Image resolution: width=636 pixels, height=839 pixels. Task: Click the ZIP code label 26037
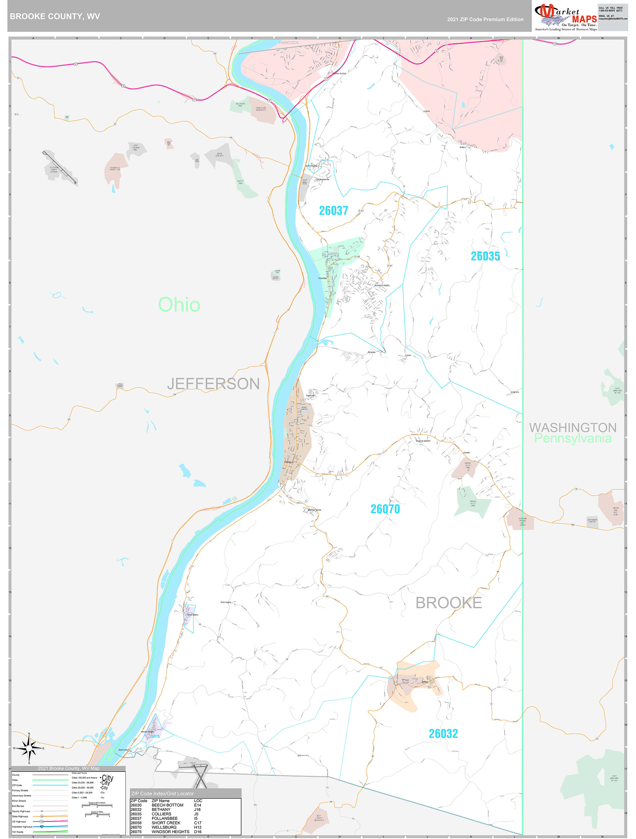coord(333,210)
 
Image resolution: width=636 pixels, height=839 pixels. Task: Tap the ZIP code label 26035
coord(485,257)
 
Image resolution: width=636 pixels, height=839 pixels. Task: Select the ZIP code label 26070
coord(385,509)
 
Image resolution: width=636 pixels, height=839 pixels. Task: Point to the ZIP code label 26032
coord(443,733)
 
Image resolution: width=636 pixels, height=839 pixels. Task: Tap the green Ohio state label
coord(179,305)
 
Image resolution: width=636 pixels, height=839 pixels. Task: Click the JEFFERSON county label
coord(213,384)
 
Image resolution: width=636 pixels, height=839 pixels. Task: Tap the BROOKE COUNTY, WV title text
coord(55,16)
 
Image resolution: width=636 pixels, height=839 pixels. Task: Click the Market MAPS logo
coord(565,17)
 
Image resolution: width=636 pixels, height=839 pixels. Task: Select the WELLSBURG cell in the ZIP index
coord(164,827)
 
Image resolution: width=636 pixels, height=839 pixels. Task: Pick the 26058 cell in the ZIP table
coord(136,823)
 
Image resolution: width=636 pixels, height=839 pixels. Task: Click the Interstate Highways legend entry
coord(22,826)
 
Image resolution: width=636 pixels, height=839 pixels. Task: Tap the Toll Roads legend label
coord(17,832)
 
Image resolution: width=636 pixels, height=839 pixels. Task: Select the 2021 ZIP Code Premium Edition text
coord(485,19)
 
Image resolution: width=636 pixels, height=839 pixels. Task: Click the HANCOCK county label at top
coord(289,43)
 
